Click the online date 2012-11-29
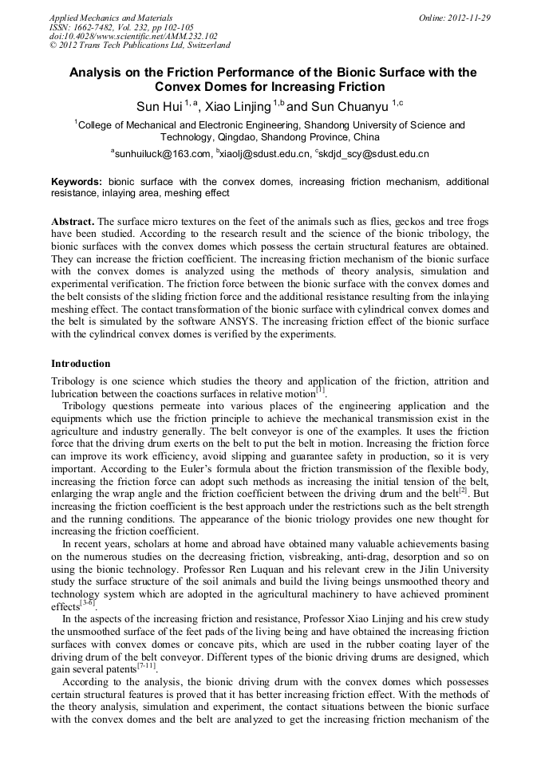(x=468, y=18)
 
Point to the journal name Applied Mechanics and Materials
(x=111, y=18)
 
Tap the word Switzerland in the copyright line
(x=203, y=45)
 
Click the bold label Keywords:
(x=77, y=182)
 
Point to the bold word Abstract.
(x=73, y=220)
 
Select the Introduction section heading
(x=81, y=364)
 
